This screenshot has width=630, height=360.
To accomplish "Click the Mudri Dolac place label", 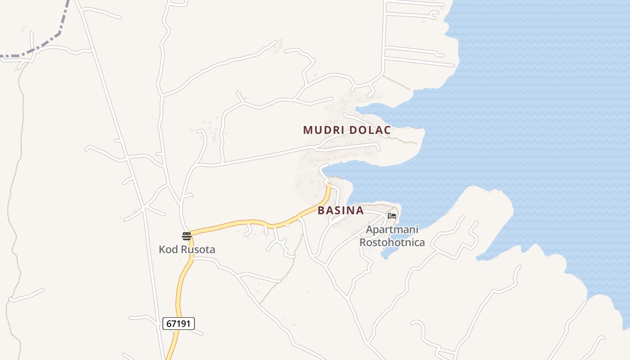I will [346, 130].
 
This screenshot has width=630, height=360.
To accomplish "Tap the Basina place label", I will [341, 211].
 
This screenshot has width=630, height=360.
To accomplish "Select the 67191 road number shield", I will [179, 323].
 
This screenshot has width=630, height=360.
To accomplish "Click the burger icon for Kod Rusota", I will [187, 236].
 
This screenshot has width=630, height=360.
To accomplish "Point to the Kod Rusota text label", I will [187, 249].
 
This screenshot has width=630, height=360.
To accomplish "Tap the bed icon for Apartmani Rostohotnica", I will [392, 216].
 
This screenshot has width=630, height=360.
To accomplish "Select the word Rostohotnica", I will [392, 243].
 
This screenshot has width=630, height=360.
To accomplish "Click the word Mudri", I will [319, 130].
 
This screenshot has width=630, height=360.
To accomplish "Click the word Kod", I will [167, 249].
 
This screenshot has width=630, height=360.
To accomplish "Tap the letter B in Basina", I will [321, 211].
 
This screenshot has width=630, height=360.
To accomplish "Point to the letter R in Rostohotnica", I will [362, 243].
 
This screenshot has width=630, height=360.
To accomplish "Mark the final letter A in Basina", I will [360, 211].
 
